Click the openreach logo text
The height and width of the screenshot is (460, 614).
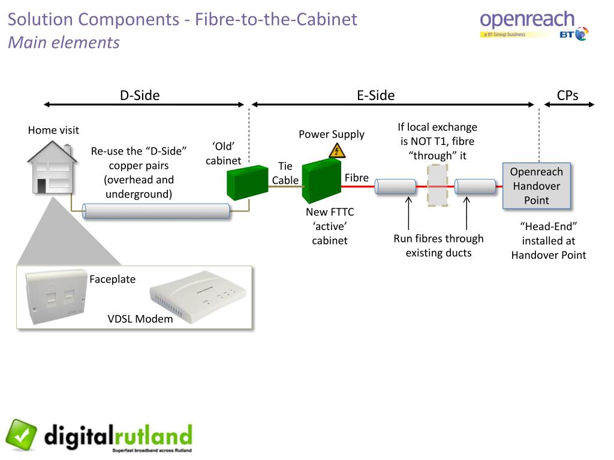(527, 20)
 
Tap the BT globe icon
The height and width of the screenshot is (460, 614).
(582, 34)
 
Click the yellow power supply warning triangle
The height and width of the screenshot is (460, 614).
(337, 150)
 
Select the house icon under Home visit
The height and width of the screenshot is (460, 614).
(52, 167)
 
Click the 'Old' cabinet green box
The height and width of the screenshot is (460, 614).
(248, 182)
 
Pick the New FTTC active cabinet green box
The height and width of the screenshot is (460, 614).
(321, 181)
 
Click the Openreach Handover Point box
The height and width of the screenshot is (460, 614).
(537, 186)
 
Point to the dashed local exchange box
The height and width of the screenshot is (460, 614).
(437, 186)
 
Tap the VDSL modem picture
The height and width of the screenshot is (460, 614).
(198, 296)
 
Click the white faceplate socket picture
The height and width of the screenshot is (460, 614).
(56, 296)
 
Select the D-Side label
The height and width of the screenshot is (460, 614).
(140, 95)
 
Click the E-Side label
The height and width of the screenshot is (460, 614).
(375, 95)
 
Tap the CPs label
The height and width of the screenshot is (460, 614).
(567, 95)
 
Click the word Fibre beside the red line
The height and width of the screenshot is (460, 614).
(356, 177)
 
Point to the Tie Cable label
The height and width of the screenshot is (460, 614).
(285, 173)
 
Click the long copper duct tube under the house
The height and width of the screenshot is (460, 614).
(156, 211)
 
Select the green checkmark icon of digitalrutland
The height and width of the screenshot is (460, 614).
(21, 435)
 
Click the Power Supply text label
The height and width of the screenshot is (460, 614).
(331, 134)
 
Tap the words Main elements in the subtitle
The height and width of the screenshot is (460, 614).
(64, 43)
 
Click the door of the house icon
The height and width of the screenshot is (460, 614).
(41, 186)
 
